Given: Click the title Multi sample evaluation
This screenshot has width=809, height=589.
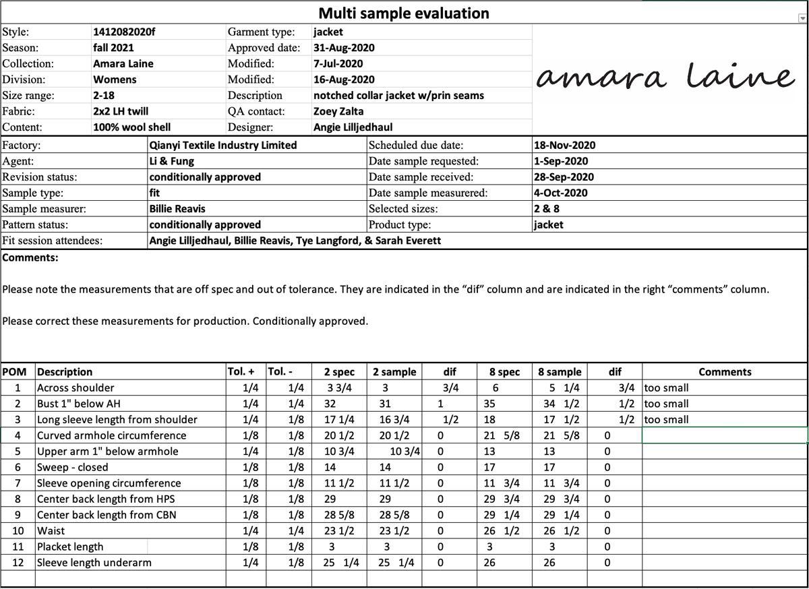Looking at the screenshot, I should click(404, 13).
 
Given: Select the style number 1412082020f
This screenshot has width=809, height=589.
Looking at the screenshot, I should click(124, 32).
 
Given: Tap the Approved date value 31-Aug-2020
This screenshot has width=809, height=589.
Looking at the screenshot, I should click(344, 48).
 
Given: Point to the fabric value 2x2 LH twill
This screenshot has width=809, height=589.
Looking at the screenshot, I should click(121, 111).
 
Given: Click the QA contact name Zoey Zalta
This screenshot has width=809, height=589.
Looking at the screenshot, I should click(338, 111).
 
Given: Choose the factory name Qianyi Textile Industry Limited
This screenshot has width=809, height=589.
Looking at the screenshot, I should click(223, 145).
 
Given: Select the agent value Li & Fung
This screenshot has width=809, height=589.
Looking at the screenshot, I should click(172, 161).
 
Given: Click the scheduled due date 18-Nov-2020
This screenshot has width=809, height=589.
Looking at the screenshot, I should click(564, 145).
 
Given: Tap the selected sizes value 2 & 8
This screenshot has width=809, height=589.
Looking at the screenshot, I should click(547, 209).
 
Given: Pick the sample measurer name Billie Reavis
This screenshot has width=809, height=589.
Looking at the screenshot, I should click(177, 209).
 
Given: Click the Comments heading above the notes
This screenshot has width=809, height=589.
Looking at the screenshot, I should click(30, 257).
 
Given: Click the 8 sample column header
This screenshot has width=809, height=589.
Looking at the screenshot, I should click(560, 372).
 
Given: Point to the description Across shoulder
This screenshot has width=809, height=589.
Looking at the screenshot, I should click(76, 388).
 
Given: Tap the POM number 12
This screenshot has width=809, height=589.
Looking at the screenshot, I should click(18, 563).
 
